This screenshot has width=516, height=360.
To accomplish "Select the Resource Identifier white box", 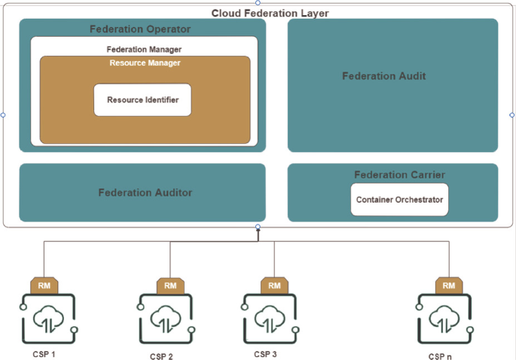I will pos(142,100).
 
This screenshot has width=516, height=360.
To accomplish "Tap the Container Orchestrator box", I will pos(399,200).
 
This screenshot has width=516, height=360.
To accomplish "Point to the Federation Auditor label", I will pos(145,193).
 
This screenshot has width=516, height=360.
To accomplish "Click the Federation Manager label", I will pos(144,49).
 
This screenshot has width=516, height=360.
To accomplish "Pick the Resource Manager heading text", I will pos(145,63).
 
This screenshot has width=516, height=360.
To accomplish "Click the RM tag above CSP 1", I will pos(44,285).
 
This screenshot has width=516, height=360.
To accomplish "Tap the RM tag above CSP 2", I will pos(170,285).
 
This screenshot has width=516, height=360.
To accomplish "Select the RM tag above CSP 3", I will pos(274,285).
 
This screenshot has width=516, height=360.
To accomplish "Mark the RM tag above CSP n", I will pos(449,285).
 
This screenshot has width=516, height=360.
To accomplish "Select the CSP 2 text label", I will pos(162,356).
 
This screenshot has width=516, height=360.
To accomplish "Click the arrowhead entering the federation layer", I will pos(258,233).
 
